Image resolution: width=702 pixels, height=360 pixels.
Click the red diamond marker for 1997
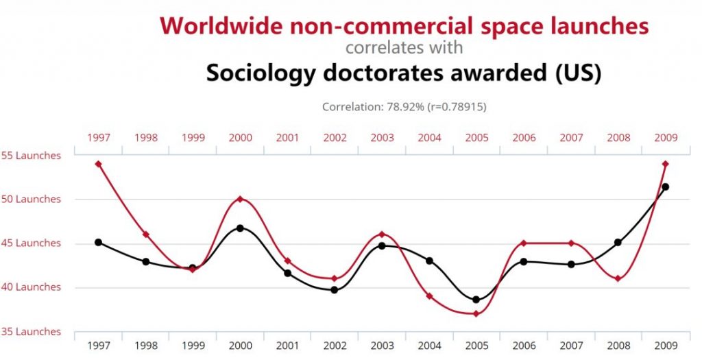point(99,164)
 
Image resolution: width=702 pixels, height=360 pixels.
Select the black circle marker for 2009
point(665,187)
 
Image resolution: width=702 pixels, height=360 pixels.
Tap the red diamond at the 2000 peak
point(240,199)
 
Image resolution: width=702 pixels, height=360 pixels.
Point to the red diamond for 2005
point(476,313)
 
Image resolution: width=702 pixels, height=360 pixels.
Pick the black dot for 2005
point(476,299)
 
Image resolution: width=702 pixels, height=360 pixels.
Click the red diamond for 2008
point(618,278)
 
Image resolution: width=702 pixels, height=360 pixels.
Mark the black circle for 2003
point(382,245)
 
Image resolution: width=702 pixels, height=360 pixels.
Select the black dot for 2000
point(240,228)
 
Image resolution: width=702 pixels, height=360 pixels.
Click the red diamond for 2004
point(429,296)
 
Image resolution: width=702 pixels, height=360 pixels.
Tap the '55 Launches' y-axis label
point(31,156)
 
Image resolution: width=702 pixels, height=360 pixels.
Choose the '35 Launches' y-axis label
point(31,332)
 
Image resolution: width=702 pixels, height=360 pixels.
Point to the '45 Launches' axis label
point(31,243)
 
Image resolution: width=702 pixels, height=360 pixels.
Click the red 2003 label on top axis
point(382,138)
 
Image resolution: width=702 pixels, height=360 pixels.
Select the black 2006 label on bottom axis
point(524,346)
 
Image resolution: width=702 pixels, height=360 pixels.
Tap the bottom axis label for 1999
point(193,346)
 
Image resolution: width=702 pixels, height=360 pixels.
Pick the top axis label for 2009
point(665,138)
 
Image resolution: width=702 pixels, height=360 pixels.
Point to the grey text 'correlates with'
point(404,48)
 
